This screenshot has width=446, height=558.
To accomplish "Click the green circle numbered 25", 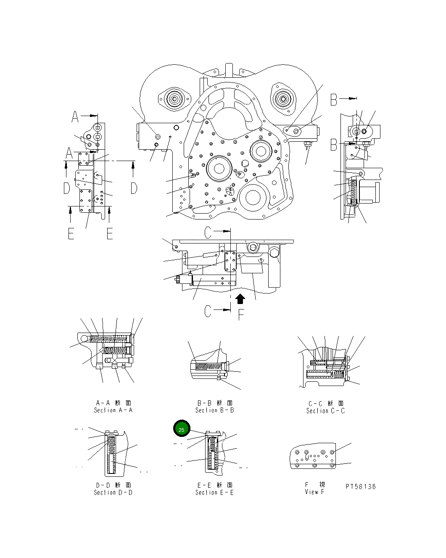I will (182, 429).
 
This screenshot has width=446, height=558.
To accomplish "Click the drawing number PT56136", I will (361, 487).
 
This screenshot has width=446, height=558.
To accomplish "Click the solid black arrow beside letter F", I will (240, 299).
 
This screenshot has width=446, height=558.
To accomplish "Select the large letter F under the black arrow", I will (241, 315).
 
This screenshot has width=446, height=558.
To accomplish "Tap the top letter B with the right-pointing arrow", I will (333, 100).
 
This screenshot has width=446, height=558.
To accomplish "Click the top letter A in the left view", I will (75, 116).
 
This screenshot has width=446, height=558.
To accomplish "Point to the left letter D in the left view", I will (66, 188).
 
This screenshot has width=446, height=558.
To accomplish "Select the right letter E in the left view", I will (110, 233).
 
